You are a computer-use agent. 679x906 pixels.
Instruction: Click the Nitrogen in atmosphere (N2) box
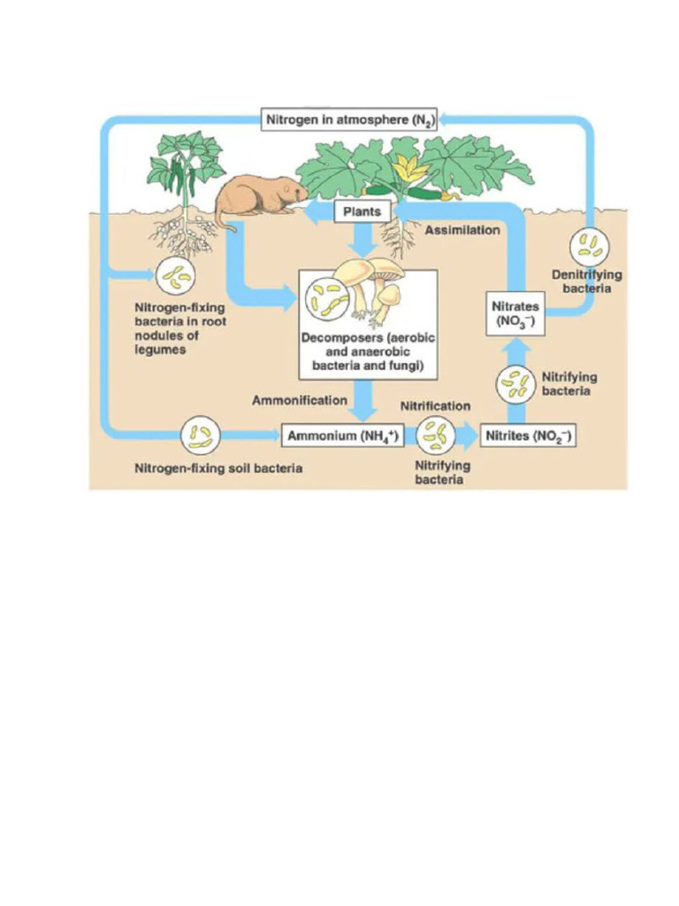tap(350, 119)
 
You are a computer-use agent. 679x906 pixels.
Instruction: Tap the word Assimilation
tap(462, 230)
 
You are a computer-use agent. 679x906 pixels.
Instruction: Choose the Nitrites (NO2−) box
tap(527, 435)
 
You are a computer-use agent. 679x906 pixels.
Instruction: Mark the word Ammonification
tap(300, 401)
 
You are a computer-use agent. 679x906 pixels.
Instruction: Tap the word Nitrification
tap(435, 406)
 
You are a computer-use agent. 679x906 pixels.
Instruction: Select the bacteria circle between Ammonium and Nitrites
tap(435, 434)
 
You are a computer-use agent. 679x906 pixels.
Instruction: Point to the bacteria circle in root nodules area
tap(177, 277)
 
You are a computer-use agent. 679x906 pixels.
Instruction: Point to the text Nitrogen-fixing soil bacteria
tap(217, 468)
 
